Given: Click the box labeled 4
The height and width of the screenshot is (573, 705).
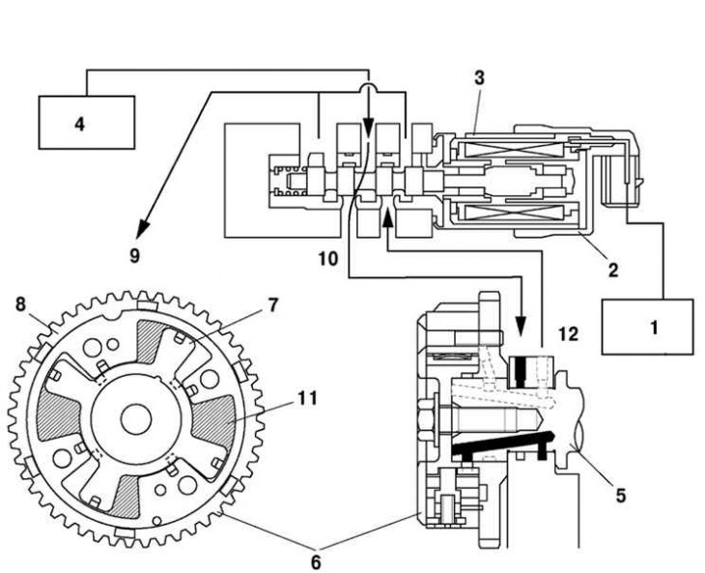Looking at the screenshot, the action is point(86,123).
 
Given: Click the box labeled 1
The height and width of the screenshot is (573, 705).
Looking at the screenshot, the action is point(647,327).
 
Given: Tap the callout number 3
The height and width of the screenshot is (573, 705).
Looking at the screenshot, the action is point(479,78).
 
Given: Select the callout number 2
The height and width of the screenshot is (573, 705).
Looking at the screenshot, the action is point(613,270).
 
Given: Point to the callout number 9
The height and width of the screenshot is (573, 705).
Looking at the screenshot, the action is point(135,256).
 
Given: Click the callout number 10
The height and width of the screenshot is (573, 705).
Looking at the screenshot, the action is point(328,259).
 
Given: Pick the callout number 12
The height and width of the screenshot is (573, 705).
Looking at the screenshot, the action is point(568,333).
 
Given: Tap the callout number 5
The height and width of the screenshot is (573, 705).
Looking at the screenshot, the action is point(620,496).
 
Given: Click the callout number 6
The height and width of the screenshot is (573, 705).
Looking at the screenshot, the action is point(316,562).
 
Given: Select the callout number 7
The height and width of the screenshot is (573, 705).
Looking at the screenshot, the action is point(273,305).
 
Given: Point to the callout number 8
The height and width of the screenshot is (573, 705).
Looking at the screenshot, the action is point(20,304).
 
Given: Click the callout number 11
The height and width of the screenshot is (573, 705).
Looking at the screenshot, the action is point(307,398).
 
